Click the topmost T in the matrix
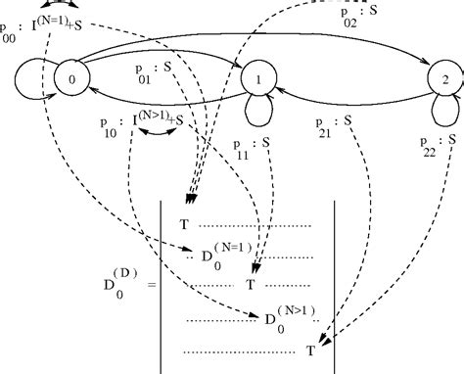[184, 224]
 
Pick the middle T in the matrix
[250, 285]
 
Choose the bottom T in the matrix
[310, 349]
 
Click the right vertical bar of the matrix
[337, 284]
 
